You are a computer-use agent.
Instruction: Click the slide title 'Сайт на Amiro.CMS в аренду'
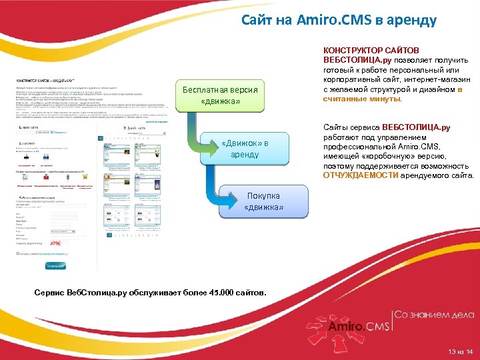339,20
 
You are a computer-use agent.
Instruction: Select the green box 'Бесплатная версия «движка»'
220,95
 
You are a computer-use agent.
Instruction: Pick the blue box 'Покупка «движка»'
263,201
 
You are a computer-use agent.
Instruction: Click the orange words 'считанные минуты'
362,98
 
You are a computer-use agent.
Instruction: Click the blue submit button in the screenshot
56,265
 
